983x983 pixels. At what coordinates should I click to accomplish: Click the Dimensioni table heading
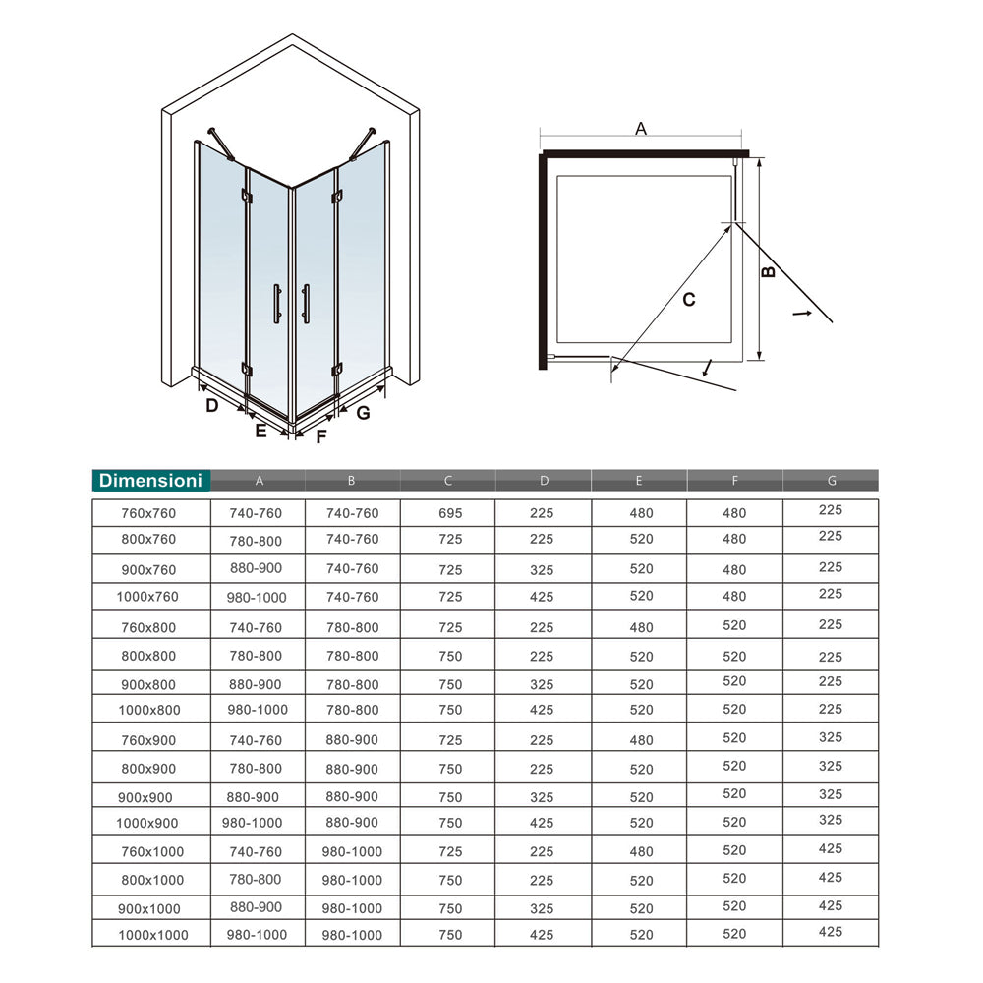point(150,480)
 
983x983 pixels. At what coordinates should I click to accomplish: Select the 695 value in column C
point(448,513)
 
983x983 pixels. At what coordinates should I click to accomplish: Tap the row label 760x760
point(149,513)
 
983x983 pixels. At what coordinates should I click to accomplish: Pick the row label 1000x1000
point(152,936)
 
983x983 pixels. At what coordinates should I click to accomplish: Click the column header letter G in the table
point(832,481)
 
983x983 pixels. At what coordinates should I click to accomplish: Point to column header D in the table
point(544,481)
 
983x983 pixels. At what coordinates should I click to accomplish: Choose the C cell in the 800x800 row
point(448,657)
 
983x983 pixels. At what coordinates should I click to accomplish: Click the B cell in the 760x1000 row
point(353,851)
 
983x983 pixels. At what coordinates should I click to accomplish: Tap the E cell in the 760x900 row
point(639,741)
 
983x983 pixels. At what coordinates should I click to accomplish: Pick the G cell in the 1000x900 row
point(831,820)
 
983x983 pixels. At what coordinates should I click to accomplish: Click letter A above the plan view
point(641,128)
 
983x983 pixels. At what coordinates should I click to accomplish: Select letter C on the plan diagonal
point(689,299)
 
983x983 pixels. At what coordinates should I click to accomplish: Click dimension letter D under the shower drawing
point(211,405)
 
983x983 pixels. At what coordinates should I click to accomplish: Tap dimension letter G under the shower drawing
point(363,413)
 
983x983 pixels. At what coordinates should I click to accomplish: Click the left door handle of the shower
point(277,303)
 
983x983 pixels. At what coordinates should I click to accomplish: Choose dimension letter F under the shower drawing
point(320,437)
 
